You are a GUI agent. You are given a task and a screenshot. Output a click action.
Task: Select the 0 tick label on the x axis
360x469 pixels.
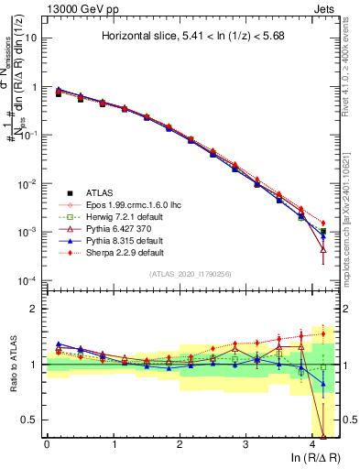click(x=47, y=444)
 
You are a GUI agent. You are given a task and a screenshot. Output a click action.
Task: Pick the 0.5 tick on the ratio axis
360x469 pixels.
click(x=30, y=420)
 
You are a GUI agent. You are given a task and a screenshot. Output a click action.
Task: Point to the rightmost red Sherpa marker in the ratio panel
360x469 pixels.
click(x=322, y=333)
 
